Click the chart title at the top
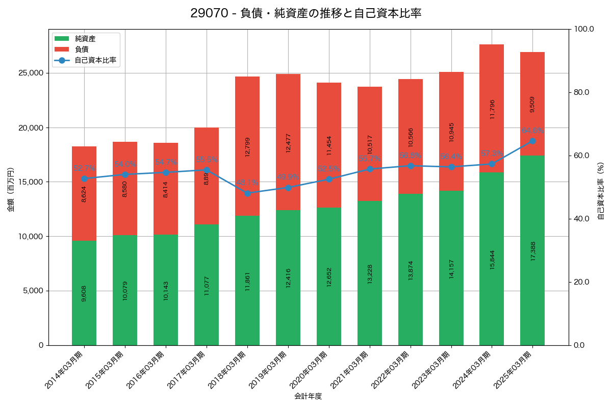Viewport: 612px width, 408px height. (x=306, y=13)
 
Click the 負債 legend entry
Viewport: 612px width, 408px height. (x=82, y=49)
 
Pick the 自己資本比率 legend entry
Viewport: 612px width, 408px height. (x=92, y=60)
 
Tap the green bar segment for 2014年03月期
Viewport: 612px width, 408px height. (x=84, y=293)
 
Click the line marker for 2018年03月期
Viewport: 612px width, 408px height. (x=247, y=193)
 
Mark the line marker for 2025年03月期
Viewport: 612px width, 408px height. (x=532, y=141)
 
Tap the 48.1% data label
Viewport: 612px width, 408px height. (x=247, y=183)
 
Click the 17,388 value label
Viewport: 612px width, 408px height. (x=533, y=251)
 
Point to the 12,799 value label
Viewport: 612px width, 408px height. (x=248, y=147)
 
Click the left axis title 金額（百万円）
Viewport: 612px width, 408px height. (x=11, y=190)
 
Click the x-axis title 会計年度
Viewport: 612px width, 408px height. (x=308, y=396)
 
